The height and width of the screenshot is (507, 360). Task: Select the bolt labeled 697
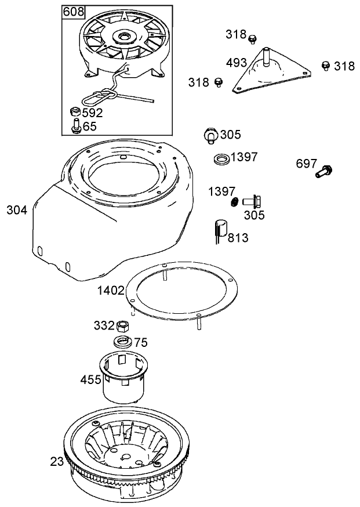[323, 172]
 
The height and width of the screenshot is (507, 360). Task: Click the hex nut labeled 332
[122, 325]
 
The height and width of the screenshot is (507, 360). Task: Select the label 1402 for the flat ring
[111, 290]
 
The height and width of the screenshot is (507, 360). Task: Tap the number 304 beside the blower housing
[17, 210]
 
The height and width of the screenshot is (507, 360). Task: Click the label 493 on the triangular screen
[237, 63]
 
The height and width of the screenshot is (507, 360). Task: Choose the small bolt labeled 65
[75, 126]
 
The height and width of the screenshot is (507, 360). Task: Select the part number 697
[306, 164]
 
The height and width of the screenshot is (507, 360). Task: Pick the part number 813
[238, 238]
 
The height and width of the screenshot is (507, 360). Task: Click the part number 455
[90, 380]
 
